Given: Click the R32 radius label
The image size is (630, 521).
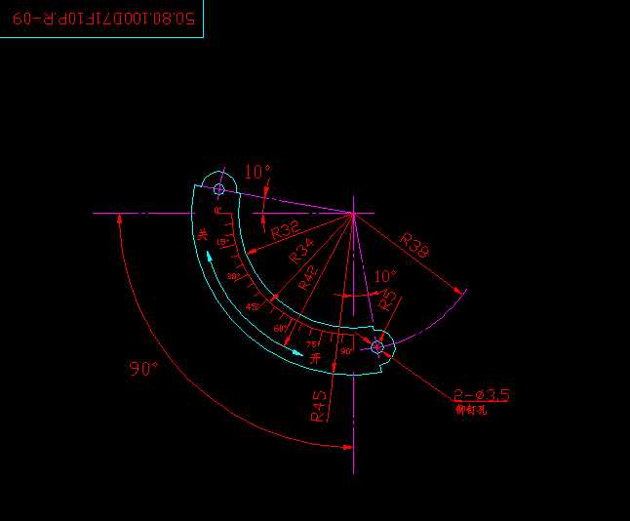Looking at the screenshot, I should (285, 230).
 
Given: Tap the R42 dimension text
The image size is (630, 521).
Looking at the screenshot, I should (308, 279).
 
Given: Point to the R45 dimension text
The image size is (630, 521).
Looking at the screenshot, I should (318, 407).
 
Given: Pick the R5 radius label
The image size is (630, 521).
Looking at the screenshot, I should (387, 301).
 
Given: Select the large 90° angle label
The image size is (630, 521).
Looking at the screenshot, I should (143, 369).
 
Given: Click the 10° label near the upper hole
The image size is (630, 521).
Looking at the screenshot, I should (257, 172).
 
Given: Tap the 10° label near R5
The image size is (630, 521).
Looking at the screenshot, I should (385, 276).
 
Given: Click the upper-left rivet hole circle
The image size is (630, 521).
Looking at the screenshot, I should (218, 188).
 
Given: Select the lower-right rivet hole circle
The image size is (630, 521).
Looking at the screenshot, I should (377, 345).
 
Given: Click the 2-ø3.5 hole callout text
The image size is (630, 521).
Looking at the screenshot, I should (482, 394).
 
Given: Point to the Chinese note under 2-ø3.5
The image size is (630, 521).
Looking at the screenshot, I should (471, 410).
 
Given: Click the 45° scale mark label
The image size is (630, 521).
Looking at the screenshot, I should (252, 306).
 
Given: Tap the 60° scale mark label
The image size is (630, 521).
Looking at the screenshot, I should (280, 329).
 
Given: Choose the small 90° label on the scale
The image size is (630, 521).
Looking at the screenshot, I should (345, 350).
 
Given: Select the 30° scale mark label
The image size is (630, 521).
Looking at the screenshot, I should (233, 276).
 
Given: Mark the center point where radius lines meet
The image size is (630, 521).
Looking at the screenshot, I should (353, 213).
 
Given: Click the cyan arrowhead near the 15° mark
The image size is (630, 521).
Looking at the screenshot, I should (209, 257).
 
